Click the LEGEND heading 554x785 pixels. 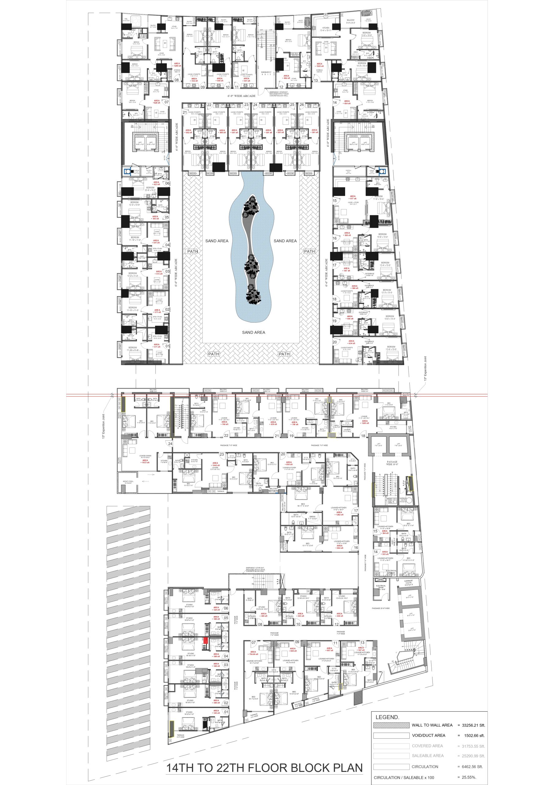click(387, 717)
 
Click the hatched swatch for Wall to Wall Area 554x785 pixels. click(391, 725)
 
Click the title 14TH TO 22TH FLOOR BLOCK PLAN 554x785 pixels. click(264, 768)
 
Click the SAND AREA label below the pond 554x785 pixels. click(254, 332)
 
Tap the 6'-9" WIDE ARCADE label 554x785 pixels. click(242, 96)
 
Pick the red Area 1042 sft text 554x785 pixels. click(216, 464)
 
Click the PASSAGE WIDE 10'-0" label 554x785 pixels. click(392, 463)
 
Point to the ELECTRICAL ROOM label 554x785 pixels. click(381, 587)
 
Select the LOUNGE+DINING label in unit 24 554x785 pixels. click(145, 456)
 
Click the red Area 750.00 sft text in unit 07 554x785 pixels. click(253, 653)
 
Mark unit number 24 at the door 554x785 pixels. click(170, 444)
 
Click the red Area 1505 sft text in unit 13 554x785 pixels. click(319, 65)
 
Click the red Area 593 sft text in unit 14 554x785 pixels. click(385, 553)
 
